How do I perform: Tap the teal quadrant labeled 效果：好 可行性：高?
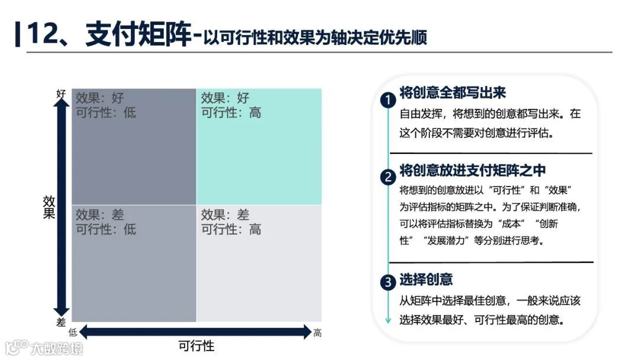pos(259,147)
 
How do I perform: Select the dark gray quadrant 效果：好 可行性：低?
pos(134,147)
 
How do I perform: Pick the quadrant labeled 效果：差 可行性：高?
pos(259,263)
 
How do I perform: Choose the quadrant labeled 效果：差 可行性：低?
pos(134,263)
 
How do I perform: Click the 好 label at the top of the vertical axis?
pos(61,94)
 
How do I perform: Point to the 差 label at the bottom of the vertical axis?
pos(61,322)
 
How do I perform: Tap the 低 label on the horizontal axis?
pos(73,333)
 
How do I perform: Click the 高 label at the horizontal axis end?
pos(318,333)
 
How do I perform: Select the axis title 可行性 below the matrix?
pos(196,346)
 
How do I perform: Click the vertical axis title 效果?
pos(49,207)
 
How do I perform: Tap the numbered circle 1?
pos(388,101)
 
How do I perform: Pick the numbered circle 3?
pos(388,282)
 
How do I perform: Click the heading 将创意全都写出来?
pos(453,93)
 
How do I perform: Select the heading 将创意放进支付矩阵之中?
pos(472,171)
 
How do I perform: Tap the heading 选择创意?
pos(426,279)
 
